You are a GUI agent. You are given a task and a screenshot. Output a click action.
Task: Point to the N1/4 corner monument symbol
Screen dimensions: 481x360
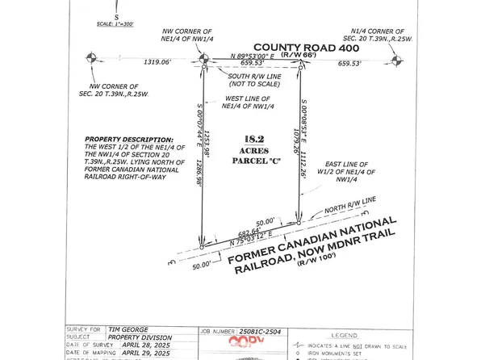click(395, 61)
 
